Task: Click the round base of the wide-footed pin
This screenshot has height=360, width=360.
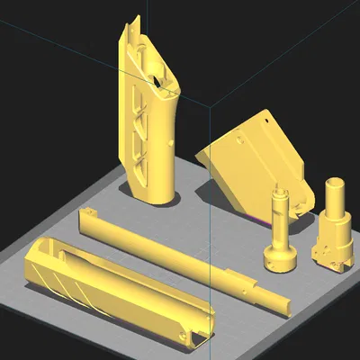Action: (x=280, y=260)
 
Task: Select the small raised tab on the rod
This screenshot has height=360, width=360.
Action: (x=229, y=274)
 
